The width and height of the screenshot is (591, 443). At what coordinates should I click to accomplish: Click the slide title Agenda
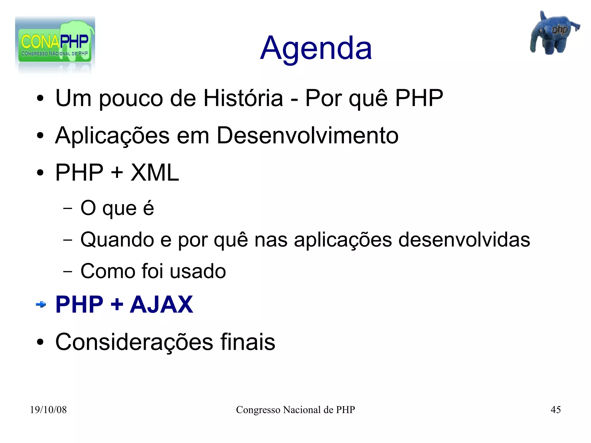point(316,48)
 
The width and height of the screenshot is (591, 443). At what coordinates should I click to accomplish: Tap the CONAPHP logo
point(55,43)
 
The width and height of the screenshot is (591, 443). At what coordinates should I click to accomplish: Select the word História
point(243,98)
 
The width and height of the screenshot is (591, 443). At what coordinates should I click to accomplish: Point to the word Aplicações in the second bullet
point(112,136)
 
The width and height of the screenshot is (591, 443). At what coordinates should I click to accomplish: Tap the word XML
point(155,173)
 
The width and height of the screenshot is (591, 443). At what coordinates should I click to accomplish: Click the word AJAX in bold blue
point(161,304)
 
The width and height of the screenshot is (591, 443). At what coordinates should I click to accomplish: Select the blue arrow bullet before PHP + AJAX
point(41,304)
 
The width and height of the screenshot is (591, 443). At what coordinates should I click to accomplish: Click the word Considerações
point(134,342)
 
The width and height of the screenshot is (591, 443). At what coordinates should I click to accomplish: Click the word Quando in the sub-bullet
point(117,240)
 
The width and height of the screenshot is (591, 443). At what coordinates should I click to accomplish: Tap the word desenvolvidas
point(464,240)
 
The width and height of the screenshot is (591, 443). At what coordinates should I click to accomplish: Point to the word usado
point(198,271)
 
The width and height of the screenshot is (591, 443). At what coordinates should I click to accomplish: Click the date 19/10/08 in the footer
point(48,410)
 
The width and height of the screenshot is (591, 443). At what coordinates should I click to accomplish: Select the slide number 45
point(556,410)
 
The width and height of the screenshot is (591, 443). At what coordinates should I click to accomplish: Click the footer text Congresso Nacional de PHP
point(295,410)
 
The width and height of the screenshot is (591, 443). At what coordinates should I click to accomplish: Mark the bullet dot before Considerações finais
point(40,343)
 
